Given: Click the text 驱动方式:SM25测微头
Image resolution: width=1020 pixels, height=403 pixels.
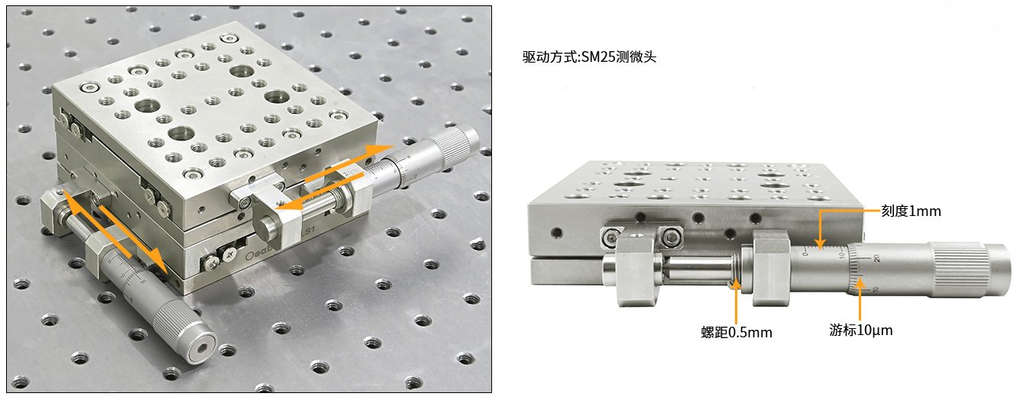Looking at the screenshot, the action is tap(589, 56).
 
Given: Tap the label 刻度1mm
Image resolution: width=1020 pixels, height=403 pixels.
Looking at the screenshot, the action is tap(911, 211).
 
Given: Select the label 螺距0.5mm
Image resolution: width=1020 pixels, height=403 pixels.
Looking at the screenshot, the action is tap(737, 333).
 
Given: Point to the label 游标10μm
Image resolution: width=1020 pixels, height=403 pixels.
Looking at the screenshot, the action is tap(860, 330).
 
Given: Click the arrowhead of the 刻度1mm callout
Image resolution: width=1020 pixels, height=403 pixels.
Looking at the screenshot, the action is tap(820, 245).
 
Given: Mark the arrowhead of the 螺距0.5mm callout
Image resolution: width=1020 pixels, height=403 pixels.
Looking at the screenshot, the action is tap(736, 284).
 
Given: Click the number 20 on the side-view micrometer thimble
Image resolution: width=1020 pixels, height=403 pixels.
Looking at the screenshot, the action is tap(876, 258).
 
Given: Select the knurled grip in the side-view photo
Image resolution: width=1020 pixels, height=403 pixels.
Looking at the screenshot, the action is tap(959, 270).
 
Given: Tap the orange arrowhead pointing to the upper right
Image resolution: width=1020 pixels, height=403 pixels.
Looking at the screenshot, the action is tap(380, 150).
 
